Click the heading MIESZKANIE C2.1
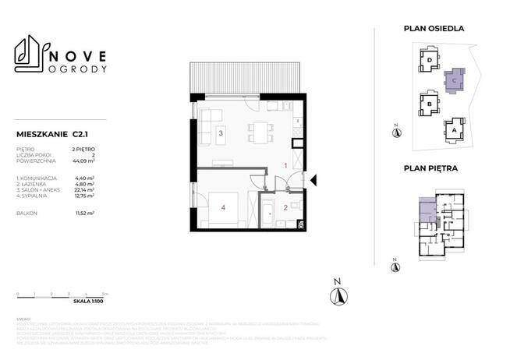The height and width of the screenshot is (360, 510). pos(53,133)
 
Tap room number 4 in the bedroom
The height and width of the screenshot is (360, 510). pos(223,207)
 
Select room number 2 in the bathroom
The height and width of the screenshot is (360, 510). pos(285,207)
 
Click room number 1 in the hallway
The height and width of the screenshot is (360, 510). pos(285,166)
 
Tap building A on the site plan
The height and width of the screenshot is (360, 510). pos(455,131)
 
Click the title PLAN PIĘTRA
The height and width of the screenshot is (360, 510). pos(430,167)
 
